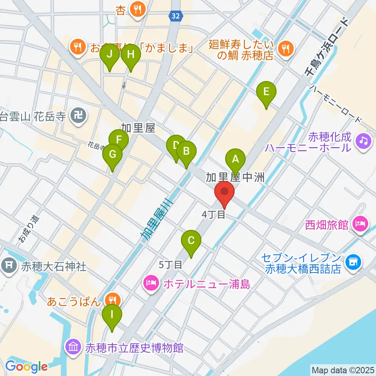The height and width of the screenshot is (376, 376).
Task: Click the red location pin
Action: [x=224, y=192]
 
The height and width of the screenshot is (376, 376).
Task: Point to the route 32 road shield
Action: [x=175, y=16]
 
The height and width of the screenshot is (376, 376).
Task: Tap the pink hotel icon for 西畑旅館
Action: [x=360, y=224]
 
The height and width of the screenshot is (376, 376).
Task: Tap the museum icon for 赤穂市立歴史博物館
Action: [x=74, y=347]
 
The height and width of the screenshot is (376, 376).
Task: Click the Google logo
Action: [x=26, y=367]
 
